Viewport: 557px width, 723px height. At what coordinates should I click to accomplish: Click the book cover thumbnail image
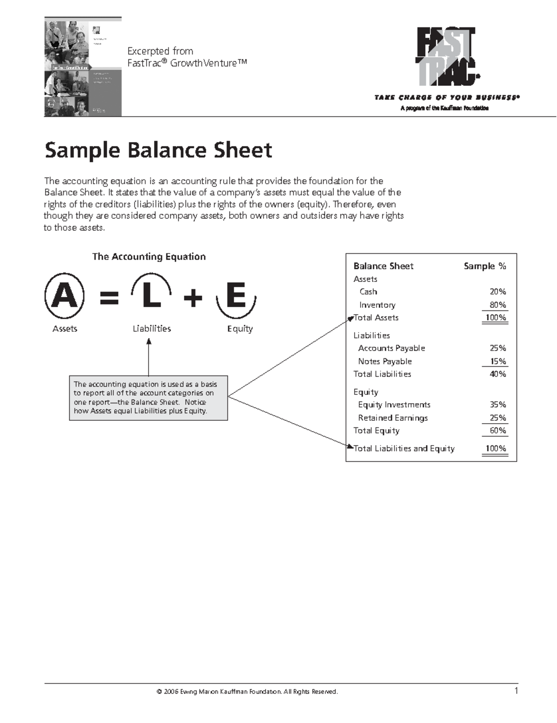pos(83,67)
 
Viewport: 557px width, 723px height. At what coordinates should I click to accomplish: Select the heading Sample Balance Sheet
pos(158,150)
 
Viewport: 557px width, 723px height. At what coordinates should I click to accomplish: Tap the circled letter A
pos(65,296)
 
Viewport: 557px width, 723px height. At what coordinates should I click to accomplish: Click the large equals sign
pos(110,297)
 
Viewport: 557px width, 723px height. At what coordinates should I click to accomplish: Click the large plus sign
pos(193,297)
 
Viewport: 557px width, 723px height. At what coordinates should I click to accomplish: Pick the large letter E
pos(236,296)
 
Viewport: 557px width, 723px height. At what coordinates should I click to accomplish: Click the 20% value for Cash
pos(498,292)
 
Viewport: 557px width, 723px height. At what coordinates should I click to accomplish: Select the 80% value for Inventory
pos(498,305)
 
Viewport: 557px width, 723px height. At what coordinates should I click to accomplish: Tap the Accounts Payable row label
pos(391,348)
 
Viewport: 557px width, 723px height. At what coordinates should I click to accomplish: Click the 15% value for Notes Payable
pos(498,361)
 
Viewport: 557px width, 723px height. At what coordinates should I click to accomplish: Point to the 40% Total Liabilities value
pos(498,374)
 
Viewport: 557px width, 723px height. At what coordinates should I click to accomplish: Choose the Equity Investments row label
pos(394,405)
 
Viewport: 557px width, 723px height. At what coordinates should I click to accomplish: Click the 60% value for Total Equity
pos(498,431)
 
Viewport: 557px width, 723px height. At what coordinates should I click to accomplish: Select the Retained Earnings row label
pos(393,418)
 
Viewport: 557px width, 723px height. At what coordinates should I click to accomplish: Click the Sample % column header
pos(485,266)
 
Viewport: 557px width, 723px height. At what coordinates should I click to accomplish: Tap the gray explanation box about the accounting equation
pos(149,398)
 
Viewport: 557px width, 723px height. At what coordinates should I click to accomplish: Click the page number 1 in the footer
pos(516,691)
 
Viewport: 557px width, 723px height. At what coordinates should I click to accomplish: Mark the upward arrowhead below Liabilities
pos(149,342)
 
